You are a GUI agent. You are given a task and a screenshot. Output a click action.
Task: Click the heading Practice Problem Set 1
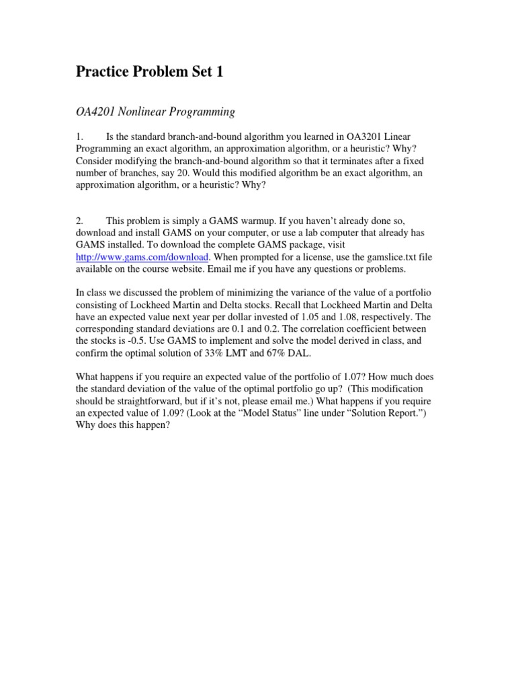pyautogui.click(x=148, y=73)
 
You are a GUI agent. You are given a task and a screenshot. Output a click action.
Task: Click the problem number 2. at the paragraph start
pyautogui.click(x=80, y=220)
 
